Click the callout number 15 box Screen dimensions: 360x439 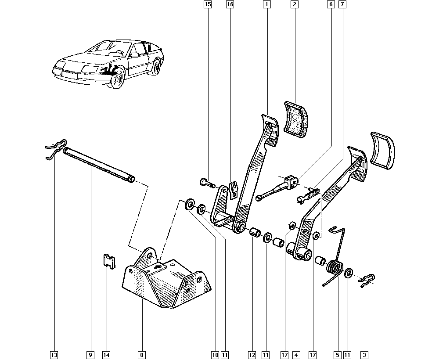(x=207, y=5)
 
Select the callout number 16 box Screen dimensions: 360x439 (x=230, y=5)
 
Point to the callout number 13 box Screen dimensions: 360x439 (x=54, y=354)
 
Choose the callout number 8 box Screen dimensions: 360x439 (x=142, y=354)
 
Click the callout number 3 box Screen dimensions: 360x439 (x=364, y=354)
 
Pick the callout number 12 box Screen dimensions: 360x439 (x=252, y=354)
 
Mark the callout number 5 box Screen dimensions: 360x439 (x=337, y=354)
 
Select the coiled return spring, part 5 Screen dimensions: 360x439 (x=335, y=268)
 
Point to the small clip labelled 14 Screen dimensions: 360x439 (x=108, y=261)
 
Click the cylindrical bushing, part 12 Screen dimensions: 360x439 (x=255, y=232)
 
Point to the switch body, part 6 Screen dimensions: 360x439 (x=290, y=180)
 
